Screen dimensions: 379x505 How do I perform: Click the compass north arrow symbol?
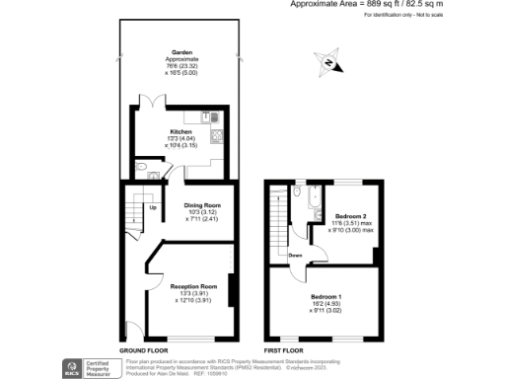tap(328, 64)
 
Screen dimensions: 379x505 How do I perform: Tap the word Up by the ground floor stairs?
tap(153, 208)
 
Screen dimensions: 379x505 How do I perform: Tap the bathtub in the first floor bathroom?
tap(312, 202)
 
